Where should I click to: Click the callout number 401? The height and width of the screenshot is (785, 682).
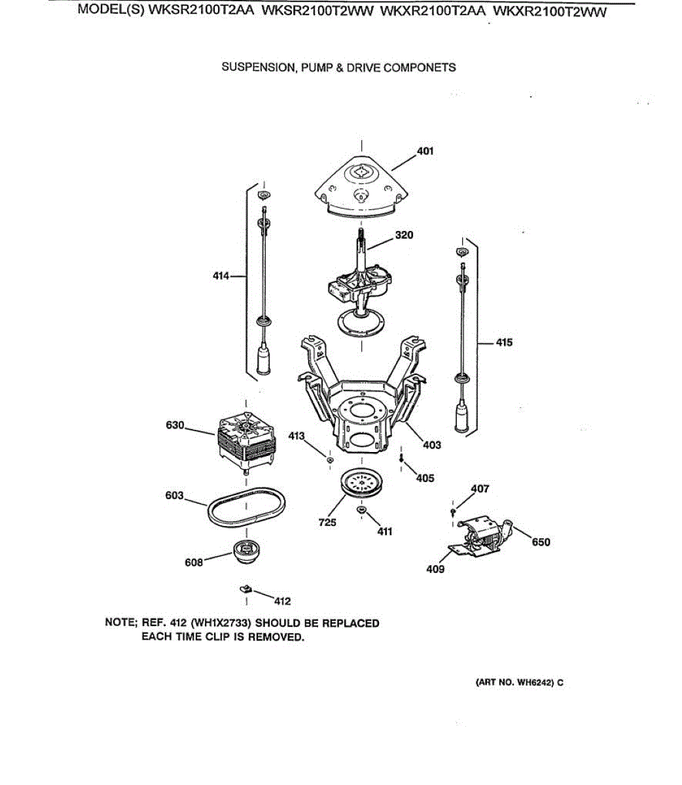click(425, 151)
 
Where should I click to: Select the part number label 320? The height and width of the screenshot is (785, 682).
click(404, 235)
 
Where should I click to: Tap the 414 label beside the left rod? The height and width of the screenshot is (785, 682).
click(221, 276)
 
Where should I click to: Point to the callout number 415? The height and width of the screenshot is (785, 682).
click(504, 342)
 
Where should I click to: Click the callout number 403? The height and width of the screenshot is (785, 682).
click(432, 445)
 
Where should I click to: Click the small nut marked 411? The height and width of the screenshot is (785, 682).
click(361, 509)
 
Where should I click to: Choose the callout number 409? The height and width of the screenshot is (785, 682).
click(435, 568)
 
